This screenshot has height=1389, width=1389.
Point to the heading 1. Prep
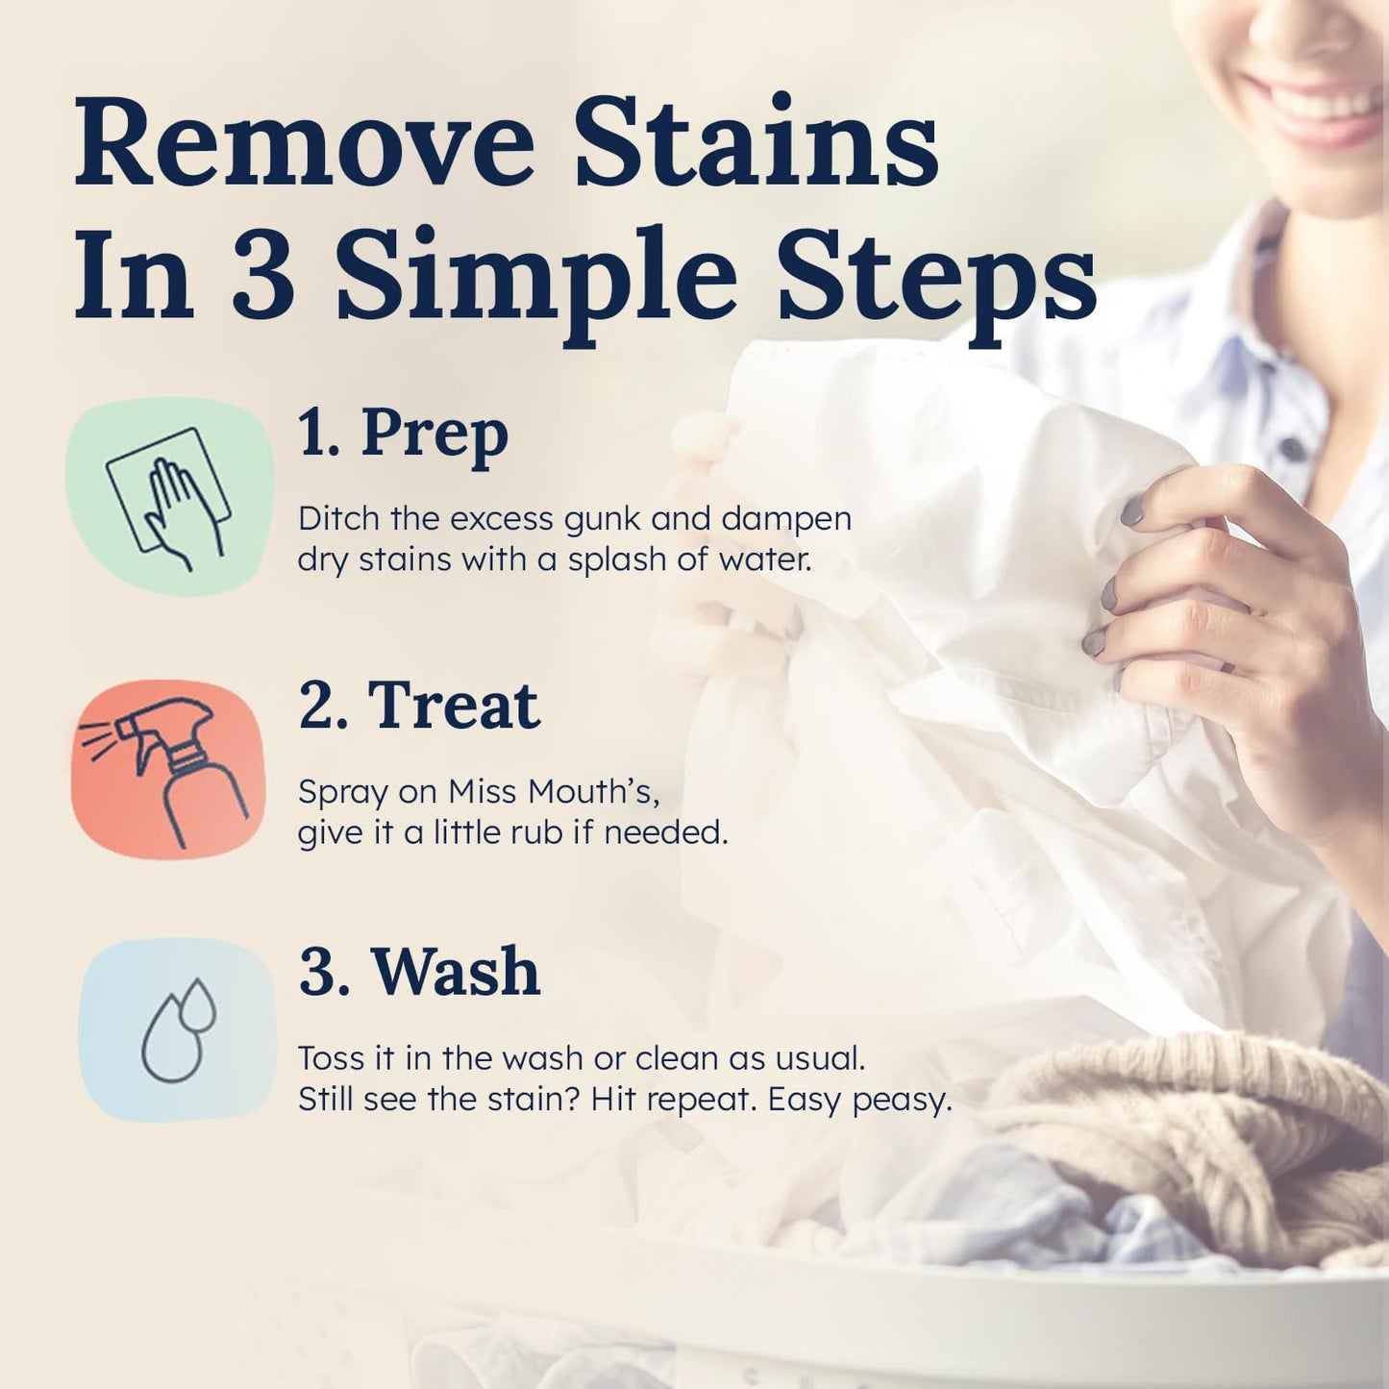coord(403,434)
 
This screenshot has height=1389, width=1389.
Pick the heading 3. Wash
coord(419,972)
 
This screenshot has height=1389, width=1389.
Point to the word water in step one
coord(763,559)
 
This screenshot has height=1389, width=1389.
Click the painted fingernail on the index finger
coord(1133,510)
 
